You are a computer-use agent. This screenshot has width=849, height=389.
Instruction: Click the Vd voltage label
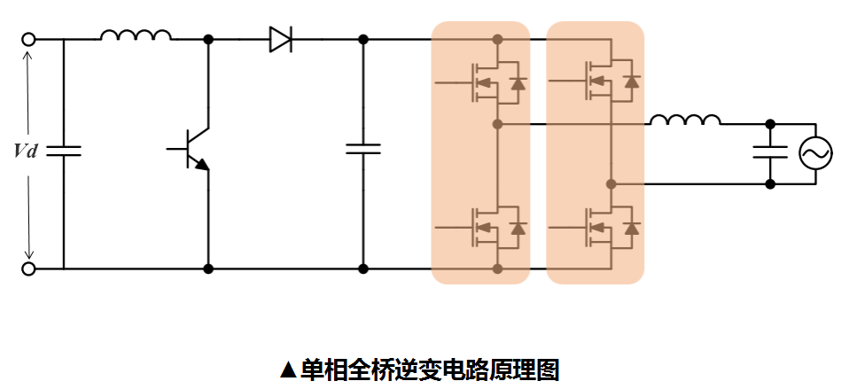(x=27, y=152)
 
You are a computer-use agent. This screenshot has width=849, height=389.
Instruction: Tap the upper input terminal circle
(x=28, y=40)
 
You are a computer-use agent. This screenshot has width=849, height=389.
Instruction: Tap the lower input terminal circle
(x=28, y=268)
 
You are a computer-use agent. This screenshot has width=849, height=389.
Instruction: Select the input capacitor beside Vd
(x=64, y=151)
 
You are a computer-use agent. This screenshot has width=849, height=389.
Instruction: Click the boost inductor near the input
(x=136, y=36)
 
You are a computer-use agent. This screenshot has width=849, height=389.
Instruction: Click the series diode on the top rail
(x=281, y=40)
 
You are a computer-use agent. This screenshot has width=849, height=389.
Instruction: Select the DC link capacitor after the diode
(x=363, y=148)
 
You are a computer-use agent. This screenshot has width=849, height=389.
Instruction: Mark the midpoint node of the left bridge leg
(x=498, y=123)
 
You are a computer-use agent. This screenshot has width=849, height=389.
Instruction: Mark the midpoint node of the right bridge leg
(x=611, y=184)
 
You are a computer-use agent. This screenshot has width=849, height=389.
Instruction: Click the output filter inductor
(x=685, y=120)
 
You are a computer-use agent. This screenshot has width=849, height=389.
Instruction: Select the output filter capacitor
(x=770, y=152)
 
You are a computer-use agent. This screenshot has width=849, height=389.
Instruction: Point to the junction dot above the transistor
(x=209, y=40)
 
